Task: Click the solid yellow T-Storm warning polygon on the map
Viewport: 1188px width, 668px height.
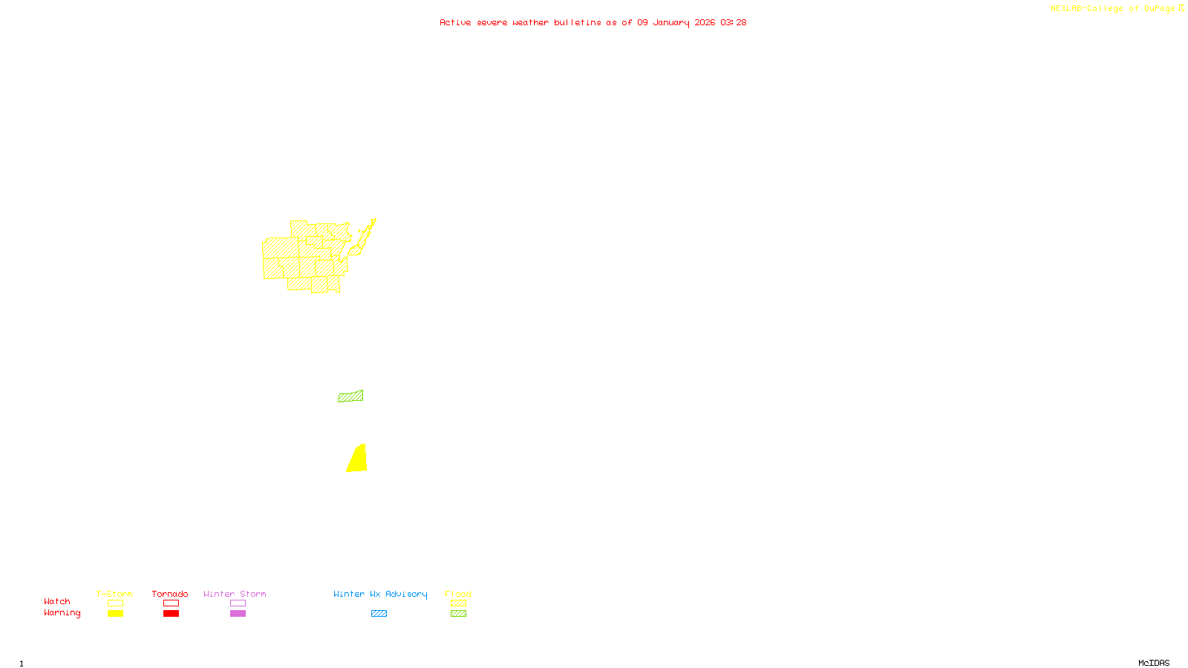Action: click(358, 460)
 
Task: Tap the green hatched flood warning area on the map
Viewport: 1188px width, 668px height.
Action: click(350, 396)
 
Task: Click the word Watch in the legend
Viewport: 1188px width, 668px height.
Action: click(57, 601)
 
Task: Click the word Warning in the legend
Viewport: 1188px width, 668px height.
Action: click(62, 613)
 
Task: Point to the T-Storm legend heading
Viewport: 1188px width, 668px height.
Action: click(114, 594)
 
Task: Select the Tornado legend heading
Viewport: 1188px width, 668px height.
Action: click(170, 594)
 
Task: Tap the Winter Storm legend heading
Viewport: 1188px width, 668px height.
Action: click(235, 594)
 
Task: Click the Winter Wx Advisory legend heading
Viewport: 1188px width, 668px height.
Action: click(380, 594)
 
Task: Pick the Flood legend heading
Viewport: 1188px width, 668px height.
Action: click(458, 594)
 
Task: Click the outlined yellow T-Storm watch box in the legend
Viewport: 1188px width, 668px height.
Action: click(115, 603)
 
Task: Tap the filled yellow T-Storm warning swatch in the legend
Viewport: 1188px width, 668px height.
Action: click(115, 614)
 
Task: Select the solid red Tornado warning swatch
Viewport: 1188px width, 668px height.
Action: click(172, 614)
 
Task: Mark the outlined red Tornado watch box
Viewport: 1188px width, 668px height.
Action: click(172, 603)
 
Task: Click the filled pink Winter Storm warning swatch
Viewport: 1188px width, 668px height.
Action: click(238, 614)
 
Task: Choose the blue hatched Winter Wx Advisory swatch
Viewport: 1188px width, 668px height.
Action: click(379, 614)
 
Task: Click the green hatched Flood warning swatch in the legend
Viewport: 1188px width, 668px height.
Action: click(459, 614)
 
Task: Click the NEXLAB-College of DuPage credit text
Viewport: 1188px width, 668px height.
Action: click(1113, 9)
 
